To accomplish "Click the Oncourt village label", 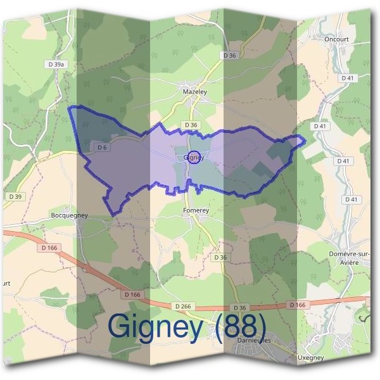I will (336, 38).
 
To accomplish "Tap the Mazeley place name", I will (195, 92).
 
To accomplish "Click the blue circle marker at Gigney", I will (195, 158).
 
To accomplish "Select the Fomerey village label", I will (195, 210).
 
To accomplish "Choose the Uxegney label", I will (310, 358).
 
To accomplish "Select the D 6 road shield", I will (101, 148).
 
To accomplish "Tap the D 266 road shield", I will (183, 307).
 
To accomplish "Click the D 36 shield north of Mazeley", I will (229, 56).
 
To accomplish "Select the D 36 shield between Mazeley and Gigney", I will (191, 125).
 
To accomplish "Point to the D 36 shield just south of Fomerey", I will (220, 257).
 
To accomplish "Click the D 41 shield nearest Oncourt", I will (346, 77).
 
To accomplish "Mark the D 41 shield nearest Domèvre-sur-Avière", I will (351, 199).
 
